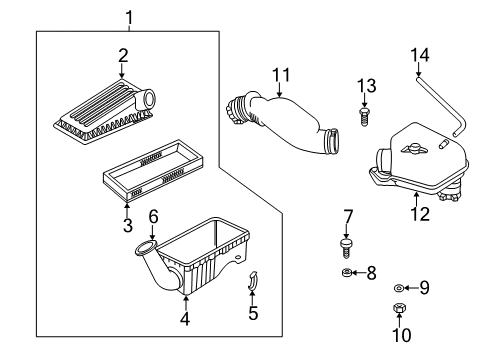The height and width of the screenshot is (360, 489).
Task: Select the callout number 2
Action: point(122,55)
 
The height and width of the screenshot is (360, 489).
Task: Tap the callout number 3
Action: point(128,227)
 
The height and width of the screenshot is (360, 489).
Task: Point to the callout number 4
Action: point(184,320)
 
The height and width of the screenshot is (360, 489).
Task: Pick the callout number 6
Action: point(153,217)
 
